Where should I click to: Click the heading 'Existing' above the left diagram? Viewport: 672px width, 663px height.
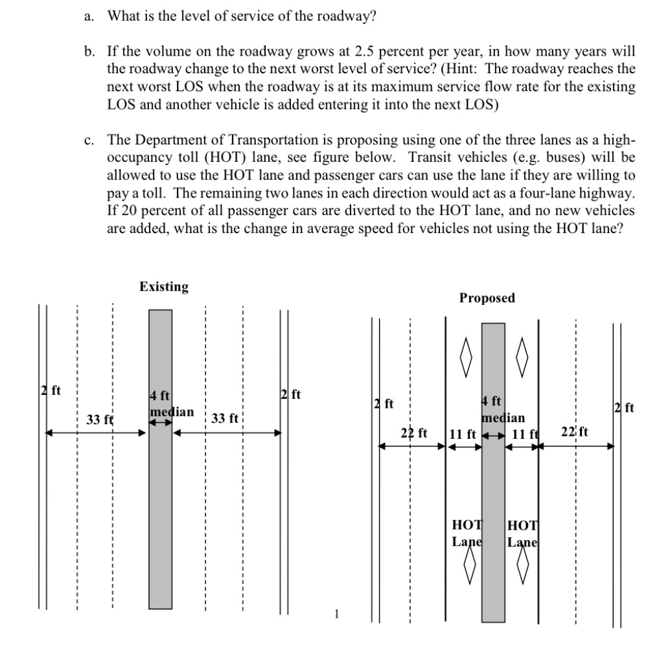pyautogui.click(x=164, y=287)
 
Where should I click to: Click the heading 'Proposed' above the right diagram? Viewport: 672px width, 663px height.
pyautogui.click(x=487, y=298)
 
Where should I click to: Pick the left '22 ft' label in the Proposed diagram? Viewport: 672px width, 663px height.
pyautogui.click(x=414, y=432)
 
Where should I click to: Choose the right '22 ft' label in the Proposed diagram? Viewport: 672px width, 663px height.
pyautogui.click(x=574, y=432)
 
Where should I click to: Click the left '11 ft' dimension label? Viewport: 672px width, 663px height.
pyautogui.click(x=463, y=433)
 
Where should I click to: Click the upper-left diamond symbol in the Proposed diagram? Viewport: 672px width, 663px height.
pyautogui.click(x=465, y=352)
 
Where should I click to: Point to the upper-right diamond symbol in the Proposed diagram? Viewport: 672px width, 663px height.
pyautogui.click(x=522, y=352)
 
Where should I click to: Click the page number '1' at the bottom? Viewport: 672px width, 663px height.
pyautogui.click(x=336, y=614)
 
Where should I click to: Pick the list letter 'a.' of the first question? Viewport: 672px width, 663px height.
pyautogui.click(x=89, y=16)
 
